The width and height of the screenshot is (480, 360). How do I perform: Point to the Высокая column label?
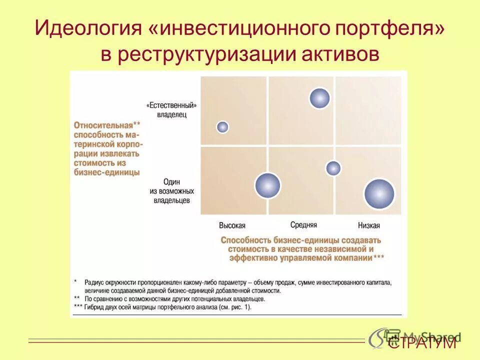coord(232,225)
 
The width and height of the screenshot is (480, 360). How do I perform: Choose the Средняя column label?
coord(303,225)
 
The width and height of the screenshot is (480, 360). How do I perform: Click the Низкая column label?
coord(369,225)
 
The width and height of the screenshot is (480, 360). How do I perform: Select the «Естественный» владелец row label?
coord(171,110)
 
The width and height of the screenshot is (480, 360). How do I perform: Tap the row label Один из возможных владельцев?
coord(171,191)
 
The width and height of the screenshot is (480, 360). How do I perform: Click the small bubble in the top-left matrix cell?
coord(222,127)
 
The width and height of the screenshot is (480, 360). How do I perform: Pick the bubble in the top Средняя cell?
coord(319,98)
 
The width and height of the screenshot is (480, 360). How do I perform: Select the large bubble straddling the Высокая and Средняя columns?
coord(267,185)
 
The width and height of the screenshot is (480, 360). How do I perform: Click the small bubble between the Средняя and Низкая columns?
coord(333,168)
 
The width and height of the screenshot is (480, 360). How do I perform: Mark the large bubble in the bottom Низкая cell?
coord(379,194)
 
